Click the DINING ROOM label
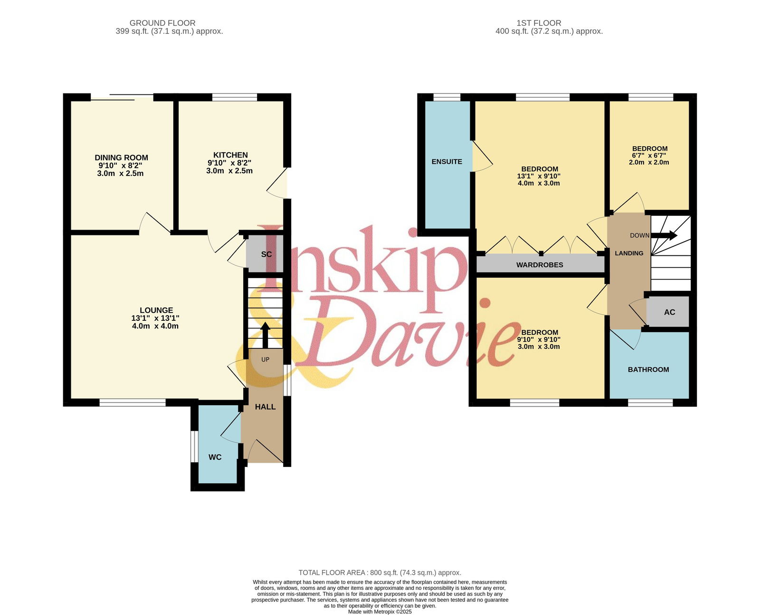[121, 158]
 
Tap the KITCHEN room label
[230, 155]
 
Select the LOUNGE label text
[156, 310]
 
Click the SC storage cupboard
[265, 253]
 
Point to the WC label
[215, 457]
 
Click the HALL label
[265, 407]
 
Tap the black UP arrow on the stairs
[265, 335]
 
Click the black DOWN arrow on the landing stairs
[664, 235]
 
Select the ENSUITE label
[446, 161]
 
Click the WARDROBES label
[540, 265]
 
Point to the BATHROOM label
[648, 369]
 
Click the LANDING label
[629, 253]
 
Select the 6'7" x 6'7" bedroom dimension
[649, 156]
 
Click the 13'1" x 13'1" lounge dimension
[155, 318]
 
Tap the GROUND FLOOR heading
[162, 23]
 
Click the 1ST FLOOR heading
[539, 23]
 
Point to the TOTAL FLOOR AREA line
[380, 573]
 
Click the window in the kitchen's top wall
[235, 97]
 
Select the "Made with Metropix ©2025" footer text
[380, 612]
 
